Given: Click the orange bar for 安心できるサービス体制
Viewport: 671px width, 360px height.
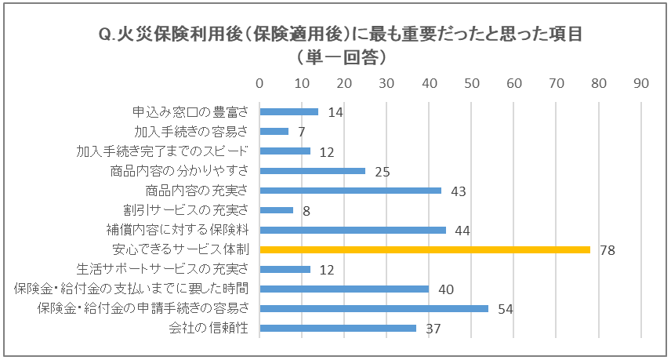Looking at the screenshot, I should pos(424,249).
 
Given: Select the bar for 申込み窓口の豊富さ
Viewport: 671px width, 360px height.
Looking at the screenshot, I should pos(288,111).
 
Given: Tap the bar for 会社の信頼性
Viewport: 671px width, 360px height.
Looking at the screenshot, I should pos(337,328).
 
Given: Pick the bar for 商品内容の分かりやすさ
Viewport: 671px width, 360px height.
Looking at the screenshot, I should pos(312,170).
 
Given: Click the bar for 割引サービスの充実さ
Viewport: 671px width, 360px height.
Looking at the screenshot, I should pos(276,210).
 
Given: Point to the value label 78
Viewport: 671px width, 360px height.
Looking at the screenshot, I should pos(607,250).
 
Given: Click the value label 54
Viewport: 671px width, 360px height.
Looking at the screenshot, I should pos(505,309).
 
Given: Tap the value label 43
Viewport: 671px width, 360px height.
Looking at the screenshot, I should pos(458,191).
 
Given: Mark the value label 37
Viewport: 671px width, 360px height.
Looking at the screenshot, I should pos(433,329).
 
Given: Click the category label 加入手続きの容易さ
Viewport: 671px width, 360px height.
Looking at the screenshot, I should pos(191,131).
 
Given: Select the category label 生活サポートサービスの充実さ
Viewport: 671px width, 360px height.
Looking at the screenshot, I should pos(163,269).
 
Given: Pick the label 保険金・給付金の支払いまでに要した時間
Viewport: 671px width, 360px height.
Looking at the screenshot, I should pos(132,289).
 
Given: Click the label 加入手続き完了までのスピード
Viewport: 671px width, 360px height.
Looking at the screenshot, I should pos(162,151).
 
